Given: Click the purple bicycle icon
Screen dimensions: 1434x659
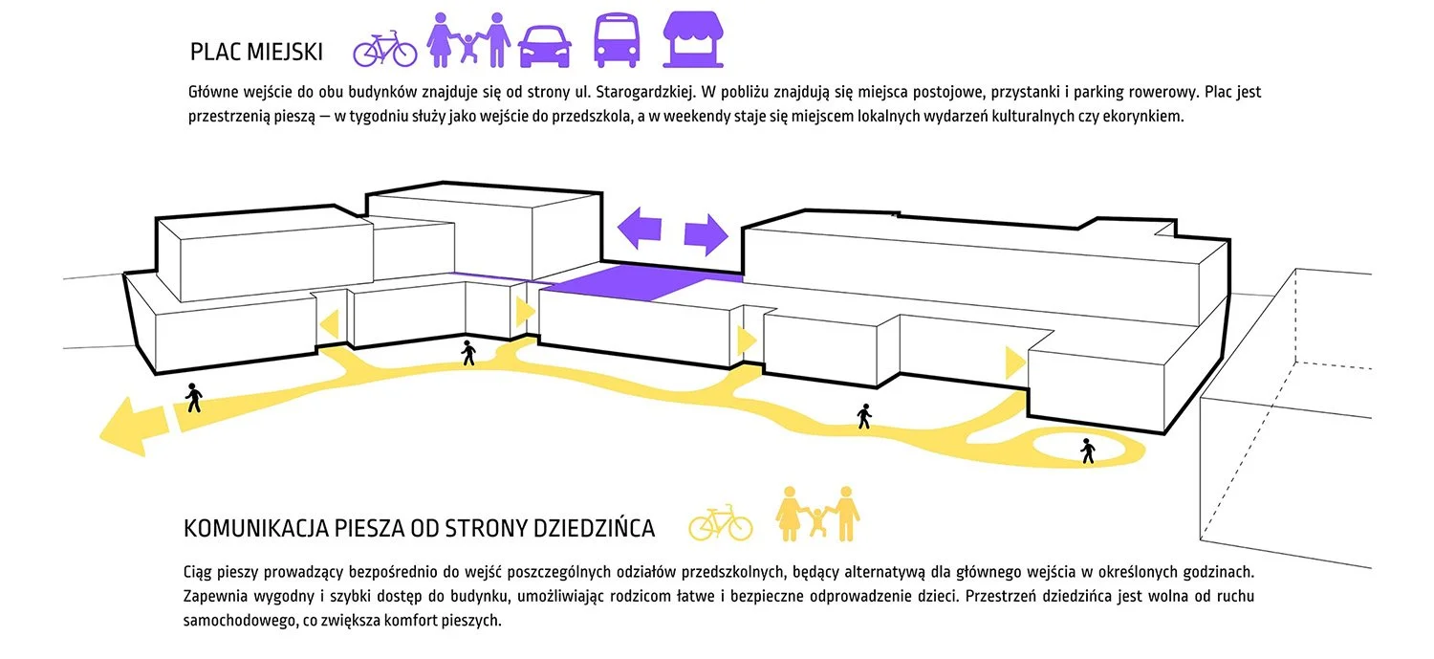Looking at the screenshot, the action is [x=384, y=50].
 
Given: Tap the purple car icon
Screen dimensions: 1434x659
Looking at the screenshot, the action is [x=545, y=46].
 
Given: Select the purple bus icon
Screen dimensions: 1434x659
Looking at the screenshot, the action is [x=617, y=40].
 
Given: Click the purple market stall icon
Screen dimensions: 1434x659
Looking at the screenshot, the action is [x=693, y=39].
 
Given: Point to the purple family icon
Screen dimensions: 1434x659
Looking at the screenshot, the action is [x=468, y=40].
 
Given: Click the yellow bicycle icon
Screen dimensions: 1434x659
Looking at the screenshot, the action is [x=720, y=523].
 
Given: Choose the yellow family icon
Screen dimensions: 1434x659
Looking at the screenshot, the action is [x=817, y=514].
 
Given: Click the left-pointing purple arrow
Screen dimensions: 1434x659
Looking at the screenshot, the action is [x=639, y=228].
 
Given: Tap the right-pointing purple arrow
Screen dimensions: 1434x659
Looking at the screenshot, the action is [x=706, y=235].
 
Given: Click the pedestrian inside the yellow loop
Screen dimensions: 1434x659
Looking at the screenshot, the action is [x=1088, y=450].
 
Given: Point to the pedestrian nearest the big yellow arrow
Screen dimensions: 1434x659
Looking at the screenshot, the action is [x=194, y=398].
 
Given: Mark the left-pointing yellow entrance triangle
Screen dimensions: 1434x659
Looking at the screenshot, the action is [x=329, y=325].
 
